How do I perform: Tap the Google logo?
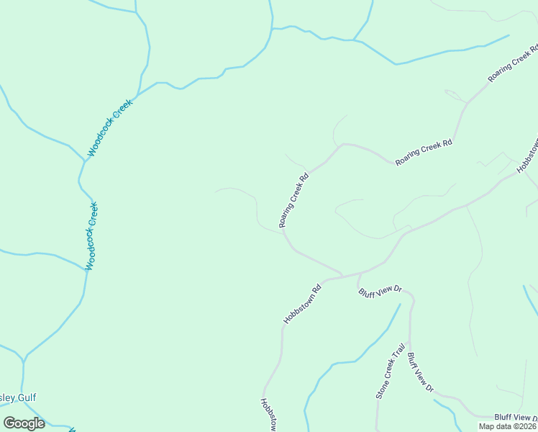tap(24, 423)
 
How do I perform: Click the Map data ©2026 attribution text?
tap(508, 426)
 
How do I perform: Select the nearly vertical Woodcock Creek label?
tap(91, 235)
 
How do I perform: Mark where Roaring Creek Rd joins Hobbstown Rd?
tap(342, 275)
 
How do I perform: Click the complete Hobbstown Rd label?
tap(301, 303)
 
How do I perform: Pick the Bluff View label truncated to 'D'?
tap(515, 418)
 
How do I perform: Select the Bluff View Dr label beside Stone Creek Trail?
tap(421, 372)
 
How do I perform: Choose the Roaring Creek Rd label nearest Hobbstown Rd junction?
tap(293, 200)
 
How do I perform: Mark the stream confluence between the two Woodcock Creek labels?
tap(84, 160)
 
